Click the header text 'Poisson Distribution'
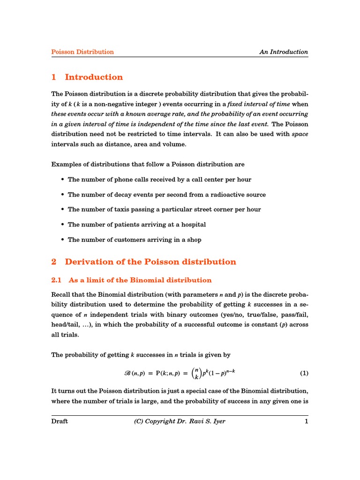pos(82,52)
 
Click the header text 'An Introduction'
pos(284,52)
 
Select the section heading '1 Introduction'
pos(87,77)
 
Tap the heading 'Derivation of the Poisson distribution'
pos(150,262)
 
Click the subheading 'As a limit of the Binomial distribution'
pos(140,280)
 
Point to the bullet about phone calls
pos(159,180)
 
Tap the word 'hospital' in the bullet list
pos(192,225)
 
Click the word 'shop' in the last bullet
pos(194,240)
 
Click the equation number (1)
pos(304,374)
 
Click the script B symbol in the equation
pos(127,374)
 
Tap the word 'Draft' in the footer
pos(60,421)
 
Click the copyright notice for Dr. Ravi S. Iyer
pos(180,421)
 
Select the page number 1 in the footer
pos(306,421)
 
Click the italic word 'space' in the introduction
pos(300,134)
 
